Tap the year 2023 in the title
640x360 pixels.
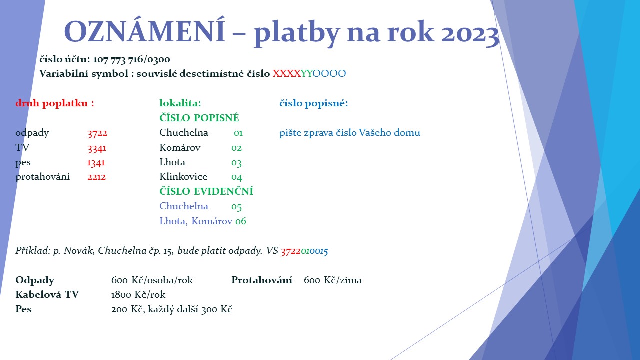[x=470, y=33]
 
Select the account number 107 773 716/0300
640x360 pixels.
[x=131, y=59]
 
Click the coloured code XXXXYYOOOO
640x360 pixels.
[x=309, y=73]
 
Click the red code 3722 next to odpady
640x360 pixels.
[x=97, y=133]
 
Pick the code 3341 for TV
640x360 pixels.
[x=97, y=148]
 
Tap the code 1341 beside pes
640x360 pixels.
[x=96, y=162]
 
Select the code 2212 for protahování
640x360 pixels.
[x=96, y=177]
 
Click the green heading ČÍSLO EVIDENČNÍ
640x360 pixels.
[x=206, y=191]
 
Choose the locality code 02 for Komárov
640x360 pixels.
[x=236, y=148]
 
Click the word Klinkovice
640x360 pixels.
[x=183, y=177]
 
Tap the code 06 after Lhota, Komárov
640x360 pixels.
[x=241, y=221]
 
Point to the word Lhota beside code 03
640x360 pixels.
[x=172, y=162]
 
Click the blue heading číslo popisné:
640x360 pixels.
[x=314, y=103]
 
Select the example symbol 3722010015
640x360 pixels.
[x=304, y=251]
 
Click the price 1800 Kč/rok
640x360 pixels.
[x=138, y=295]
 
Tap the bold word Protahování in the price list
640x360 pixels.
[x=262, y=280]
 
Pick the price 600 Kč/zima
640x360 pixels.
[x=333, y=280]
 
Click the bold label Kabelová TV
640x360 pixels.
[x=47, y=295]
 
